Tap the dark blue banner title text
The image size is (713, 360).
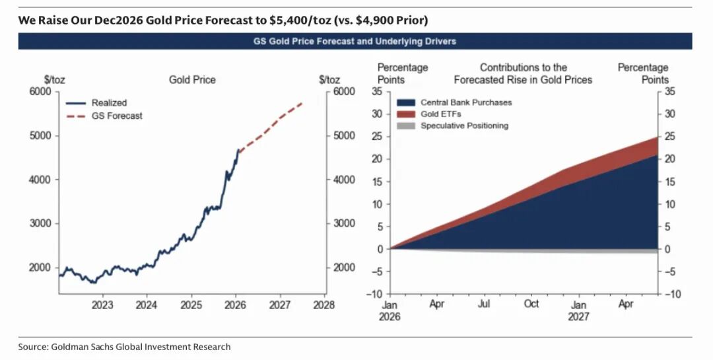click(355, 41)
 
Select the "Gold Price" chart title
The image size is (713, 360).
click(192, 80)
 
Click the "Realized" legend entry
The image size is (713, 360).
click(109, 102)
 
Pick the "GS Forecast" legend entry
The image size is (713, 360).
click(117, 116)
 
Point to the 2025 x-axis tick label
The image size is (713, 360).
click(191, 305)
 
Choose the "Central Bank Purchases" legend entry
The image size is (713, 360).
click(466, 102)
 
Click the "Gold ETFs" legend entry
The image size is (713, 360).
click(441, 114)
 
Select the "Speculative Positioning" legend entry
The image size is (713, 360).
click(465, 126)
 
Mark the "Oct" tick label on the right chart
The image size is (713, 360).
click(531, 304)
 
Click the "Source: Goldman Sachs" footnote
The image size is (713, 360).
click(124, 347)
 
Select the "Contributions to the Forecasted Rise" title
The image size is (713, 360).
click(523, 73)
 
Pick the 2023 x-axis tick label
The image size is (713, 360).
click(102, 305)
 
